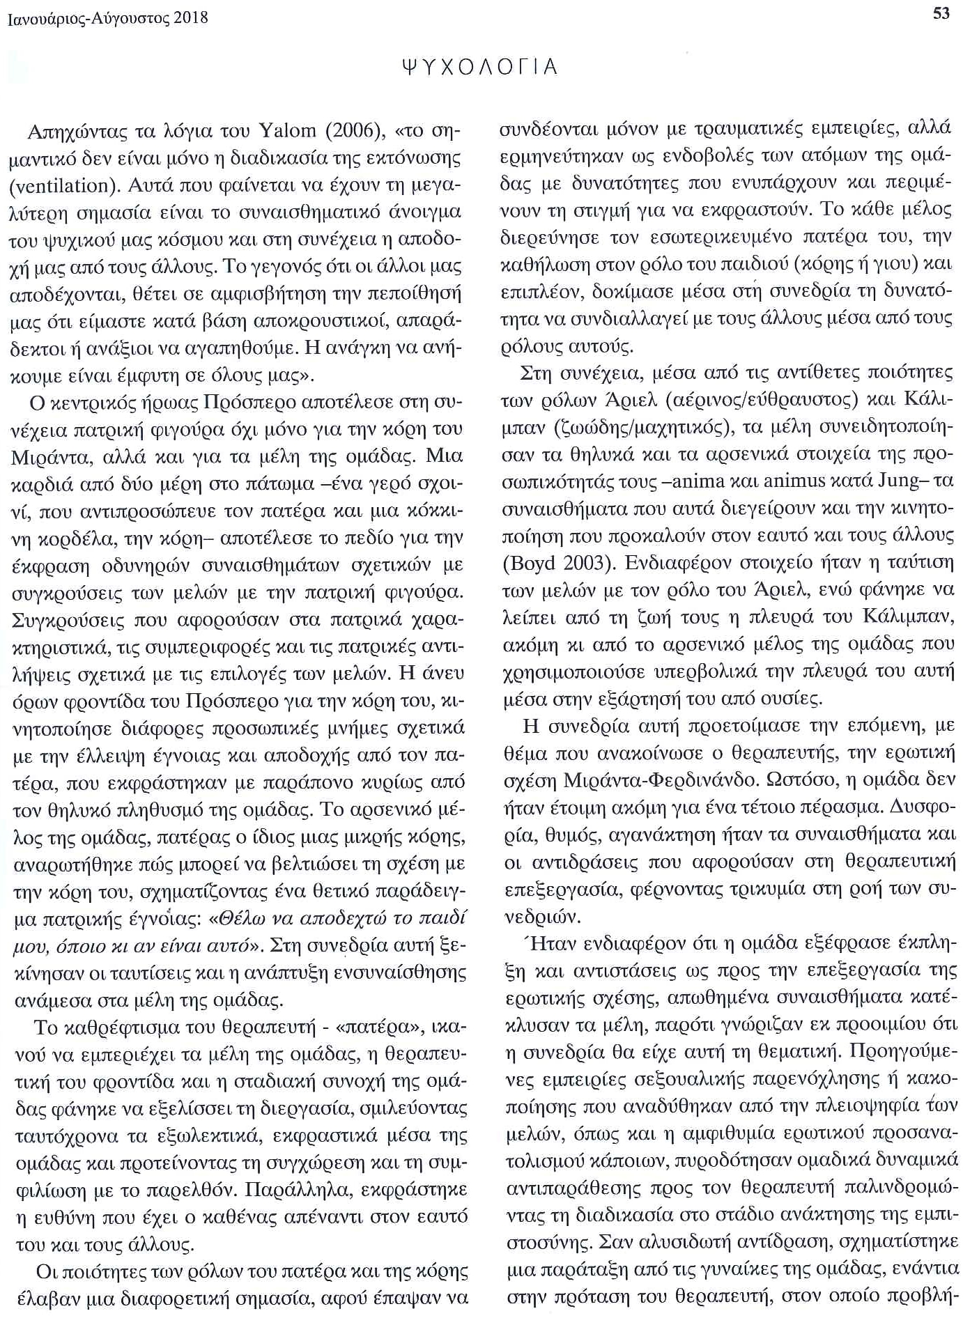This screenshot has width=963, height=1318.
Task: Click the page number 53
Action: [x=941, y=13]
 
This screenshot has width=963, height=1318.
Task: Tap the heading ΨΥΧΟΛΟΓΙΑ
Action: [x=480, y=67]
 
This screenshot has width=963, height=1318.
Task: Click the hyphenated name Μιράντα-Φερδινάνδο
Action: [x=628, y=780]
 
